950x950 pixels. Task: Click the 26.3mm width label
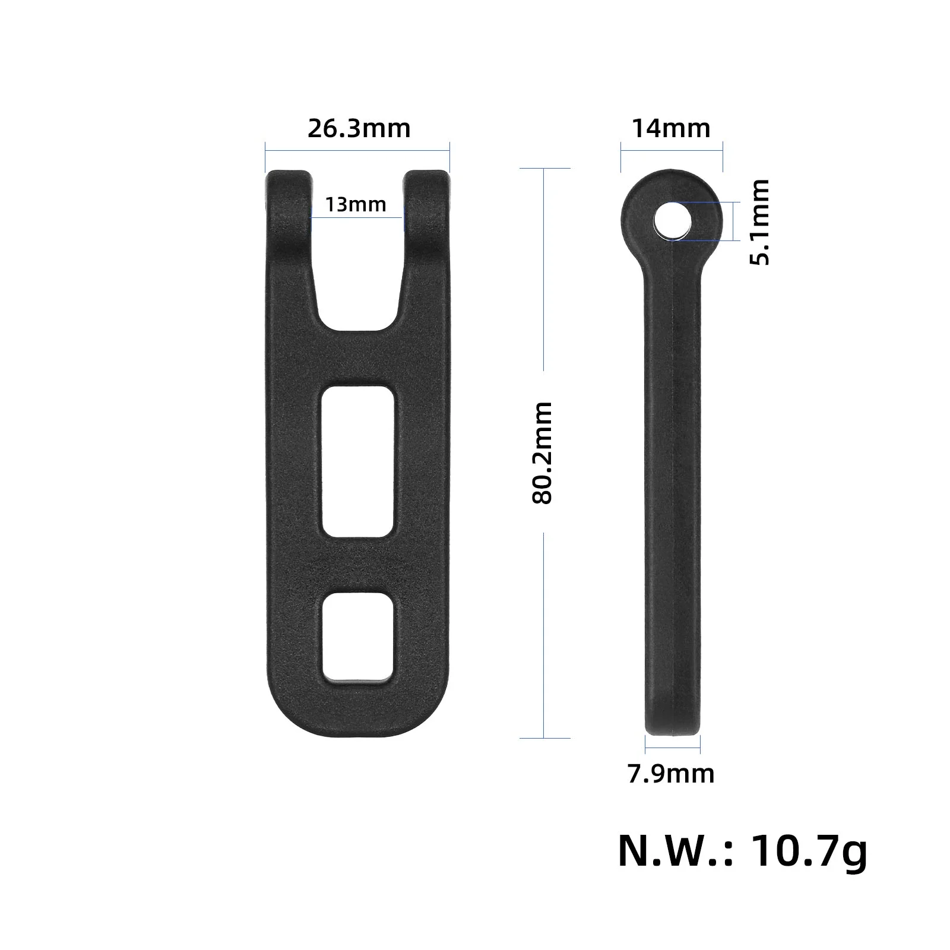[359, 128]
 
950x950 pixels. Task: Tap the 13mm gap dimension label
[356, 205]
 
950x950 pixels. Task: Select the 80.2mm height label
[542, 453]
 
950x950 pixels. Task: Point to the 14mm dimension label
[671, 128]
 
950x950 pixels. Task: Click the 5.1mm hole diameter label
[759, 221]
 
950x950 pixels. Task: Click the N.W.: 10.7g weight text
[743, 852]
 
